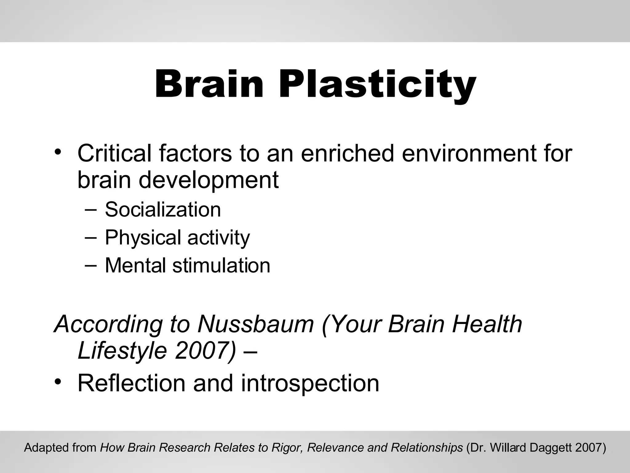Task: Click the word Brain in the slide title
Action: (x=209, y=84)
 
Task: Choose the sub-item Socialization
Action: (x=163, y=210)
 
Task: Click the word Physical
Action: (x=143, y=238)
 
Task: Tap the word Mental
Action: (x=135, y=265)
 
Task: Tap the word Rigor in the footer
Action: (x=289, y=447)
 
